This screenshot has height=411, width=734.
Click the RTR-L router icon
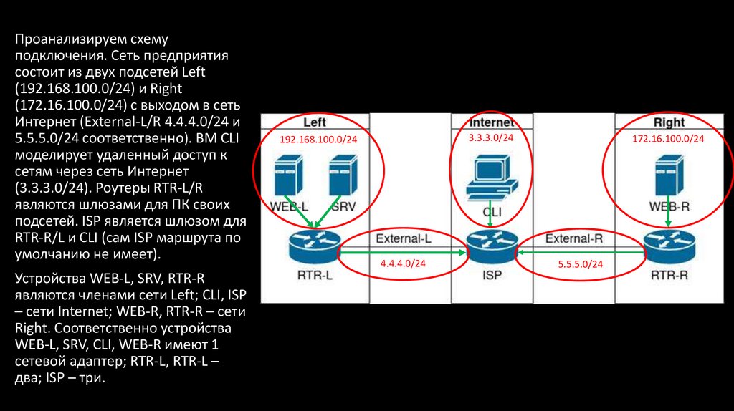[313, 248]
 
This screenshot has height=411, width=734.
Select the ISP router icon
[492, 248]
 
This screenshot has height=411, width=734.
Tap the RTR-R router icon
[668, 248]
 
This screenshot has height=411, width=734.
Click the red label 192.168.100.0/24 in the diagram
[318, 140]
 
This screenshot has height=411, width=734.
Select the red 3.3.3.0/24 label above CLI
[491, 137]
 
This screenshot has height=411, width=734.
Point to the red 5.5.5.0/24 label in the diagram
[580, 264]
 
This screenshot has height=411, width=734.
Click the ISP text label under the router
[492, 274]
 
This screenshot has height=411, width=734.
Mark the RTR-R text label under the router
[669, 274]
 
